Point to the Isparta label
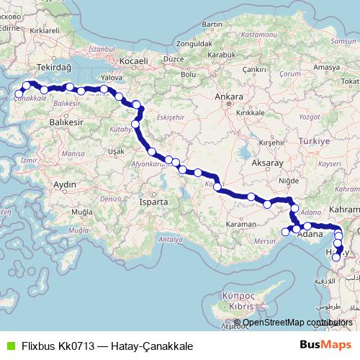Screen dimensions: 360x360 tap(153, 202)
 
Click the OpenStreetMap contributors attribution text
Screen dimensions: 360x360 tap(298, 323)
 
